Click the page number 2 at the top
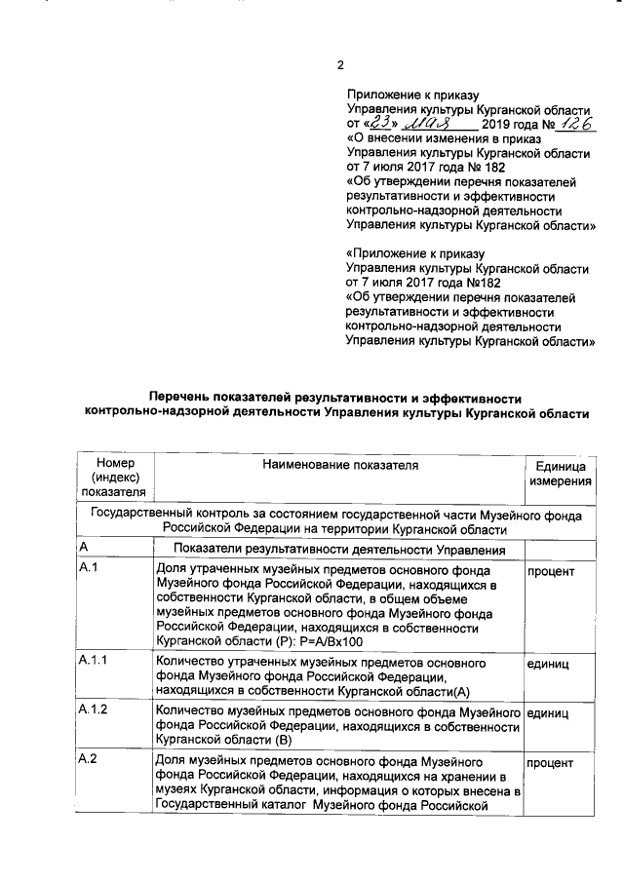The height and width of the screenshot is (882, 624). (340, 66)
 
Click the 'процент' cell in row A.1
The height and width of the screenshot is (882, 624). (551, 568)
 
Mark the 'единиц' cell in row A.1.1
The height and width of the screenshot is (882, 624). (548, 662)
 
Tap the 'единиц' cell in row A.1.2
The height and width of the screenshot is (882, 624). (548, 712)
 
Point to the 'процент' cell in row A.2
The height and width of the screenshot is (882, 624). (551, 762)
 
